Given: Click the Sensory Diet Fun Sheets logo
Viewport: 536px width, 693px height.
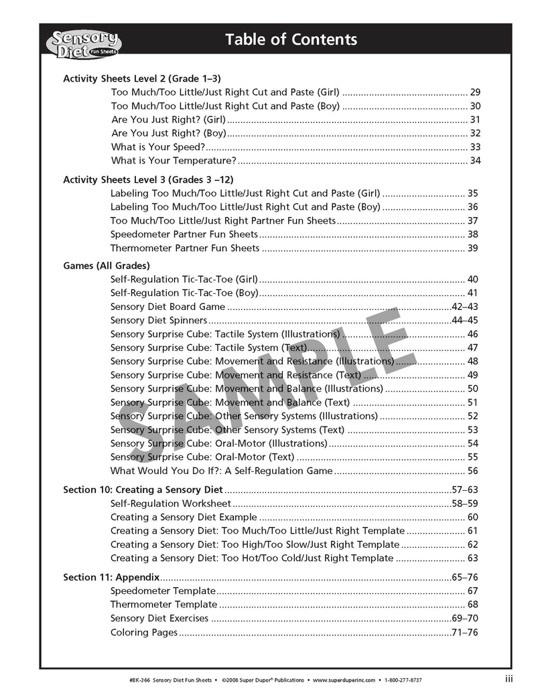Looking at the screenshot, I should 84,42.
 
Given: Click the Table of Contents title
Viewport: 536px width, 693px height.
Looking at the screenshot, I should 291,40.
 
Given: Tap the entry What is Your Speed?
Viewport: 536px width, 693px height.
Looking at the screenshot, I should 157,147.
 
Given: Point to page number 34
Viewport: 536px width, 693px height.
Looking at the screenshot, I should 475,161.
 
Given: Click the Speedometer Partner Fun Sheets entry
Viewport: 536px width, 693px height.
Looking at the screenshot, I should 184,234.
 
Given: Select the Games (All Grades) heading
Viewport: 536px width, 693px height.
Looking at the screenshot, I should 106,266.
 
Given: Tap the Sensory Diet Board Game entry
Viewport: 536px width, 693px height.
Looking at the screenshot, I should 167,307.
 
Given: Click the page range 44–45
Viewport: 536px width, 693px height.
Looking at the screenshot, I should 464,320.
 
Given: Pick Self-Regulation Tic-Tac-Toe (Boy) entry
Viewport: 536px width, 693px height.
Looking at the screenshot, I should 184,293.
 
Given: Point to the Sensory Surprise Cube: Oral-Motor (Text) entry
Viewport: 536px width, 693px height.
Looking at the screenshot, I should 202,457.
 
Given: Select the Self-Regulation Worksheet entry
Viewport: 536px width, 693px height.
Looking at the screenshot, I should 170,504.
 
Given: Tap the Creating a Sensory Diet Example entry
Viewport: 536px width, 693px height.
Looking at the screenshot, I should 184,517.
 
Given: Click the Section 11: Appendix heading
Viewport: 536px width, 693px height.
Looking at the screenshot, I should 111,577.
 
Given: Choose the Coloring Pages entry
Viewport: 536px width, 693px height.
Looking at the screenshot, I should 144,632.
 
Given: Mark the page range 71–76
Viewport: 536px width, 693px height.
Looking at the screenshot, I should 464,632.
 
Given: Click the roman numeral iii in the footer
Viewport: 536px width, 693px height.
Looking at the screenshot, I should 509,678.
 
